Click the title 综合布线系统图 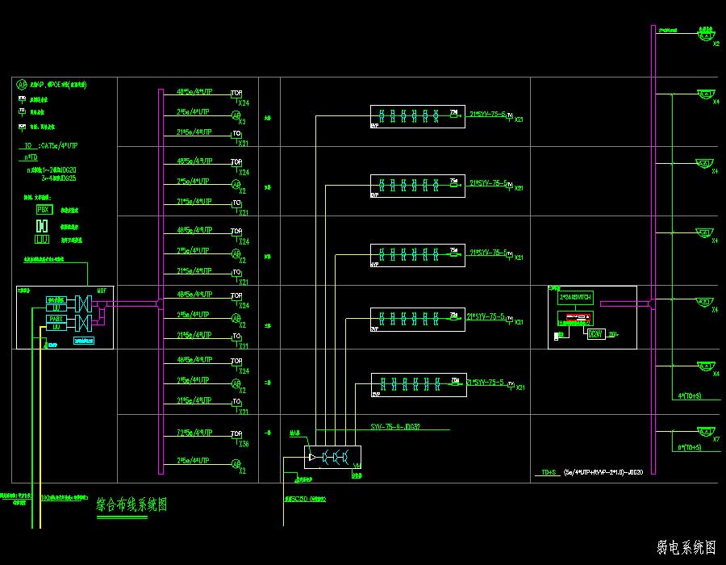click(131, 505)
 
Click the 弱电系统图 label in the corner click(686, 548)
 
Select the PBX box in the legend click(44, 209)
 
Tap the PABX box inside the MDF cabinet click(56, 319)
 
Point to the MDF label click(101, 290)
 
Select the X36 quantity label click(244, 444)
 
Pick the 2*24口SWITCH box click(575, 298)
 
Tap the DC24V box click(595, 333)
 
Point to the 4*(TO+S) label click(690, 395)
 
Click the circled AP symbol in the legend click(22, 83)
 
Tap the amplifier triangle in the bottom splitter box click(312, 458)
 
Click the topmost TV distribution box click(417, 116)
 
